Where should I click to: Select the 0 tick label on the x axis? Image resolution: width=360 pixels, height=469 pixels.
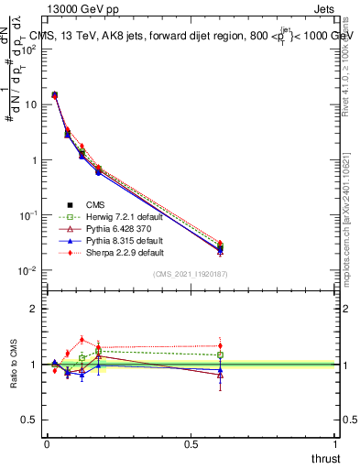47,442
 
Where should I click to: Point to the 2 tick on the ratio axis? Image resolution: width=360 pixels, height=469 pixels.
34,309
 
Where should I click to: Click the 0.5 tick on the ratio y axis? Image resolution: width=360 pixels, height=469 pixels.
29,420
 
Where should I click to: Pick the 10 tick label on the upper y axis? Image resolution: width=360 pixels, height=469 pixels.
29,104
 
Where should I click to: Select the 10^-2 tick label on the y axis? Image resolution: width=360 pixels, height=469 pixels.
27,270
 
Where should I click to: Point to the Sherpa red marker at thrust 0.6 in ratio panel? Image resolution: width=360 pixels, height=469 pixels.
220,346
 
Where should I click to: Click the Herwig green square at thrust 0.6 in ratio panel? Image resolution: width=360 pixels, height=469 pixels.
220,354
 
